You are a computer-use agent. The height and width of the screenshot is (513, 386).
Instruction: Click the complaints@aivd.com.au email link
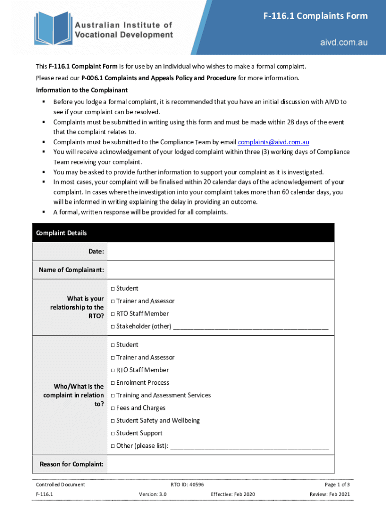tap(273, 142)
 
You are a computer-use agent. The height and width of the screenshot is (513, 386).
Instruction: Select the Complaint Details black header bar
tap(183, 233)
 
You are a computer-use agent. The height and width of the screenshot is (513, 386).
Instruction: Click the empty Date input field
tap(221, 251)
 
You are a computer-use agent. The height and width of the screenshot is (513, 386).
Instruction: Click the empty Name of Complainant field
tap(221, 270)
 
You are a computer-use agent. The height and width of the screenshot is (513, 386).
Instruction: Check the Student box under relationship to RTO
tap(113, 289)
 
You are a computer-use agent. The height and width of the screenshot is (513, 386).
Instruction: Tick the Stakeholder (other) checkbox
tap(113, 327)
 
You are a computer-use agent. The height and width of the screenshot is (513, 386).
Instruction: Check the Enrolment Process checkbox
tap(113, 383)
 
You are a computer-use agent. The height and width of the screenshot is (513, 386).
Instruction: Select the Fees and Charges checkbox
tap(113, 408)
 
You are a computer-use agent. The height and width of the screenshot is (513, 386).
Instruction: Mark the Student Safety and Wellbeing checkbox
tap(113, 421)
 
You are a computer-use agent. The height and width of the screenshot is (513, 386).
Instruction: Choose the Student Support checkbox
tap(113, 433)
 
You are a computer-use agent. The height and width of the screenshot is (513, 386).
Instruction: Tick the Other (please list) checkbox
tap(113, 446)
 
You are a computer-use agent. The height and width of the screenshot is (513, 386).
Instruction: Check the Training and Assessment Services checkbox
tap(113, 396)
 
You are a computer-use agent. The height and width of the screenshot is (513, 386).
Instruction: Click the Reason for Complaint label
tap(72, 464)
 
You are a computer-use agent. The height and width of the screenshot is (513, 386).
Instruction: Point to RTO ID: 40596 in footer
tap(187, 484)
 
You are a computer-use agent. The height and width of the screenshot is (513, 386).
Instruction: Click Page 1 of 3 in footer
tap(337, 484)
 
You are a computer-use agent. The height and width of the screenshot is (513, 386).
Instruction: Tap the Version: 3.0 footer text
tap(152, 494)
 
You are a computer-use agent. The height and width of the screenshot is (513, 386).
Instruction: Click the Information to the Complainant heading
tap(82, 90)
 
